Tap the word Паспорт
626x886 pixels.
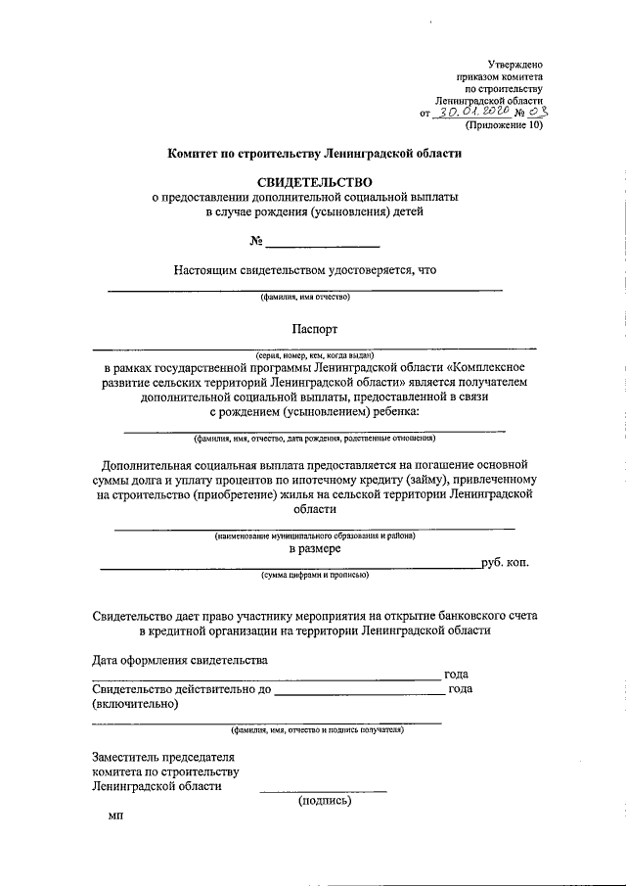point(314,330)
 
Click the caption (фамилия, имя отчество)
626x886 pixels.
point(304,298)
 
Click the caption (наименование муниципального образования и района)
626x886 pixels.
point(315,536)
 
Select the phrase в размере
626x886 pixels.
point(314,551)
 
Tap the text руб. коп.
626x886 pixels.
point(505,564)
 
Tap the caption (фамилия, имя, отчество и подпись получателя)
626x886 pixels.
point(317,730)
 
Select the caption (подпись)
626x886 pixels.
point(324,800)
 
